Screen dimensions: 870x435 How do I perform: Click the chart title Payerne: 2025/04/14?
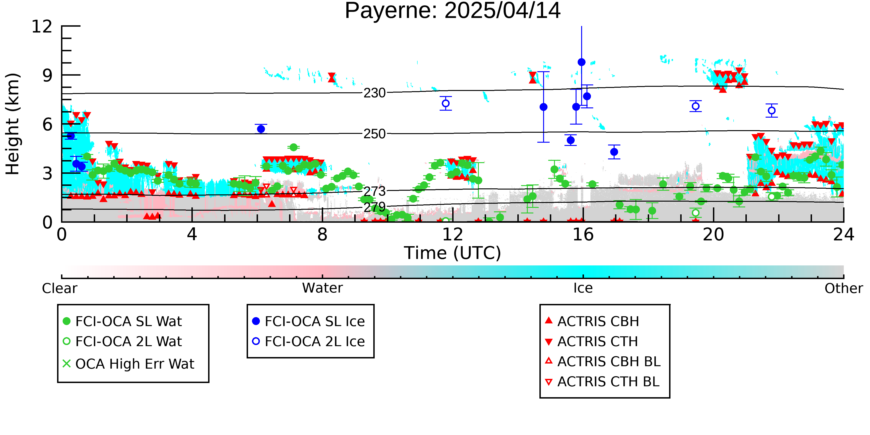click(453, 11)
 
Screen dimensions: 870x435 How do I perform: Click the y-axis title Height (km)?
click(13, 124)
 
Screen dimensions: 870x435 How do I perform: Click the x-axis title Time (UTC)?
click(453, 253)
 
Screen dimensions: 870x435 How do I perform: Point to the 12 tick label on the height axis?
click(42, 26)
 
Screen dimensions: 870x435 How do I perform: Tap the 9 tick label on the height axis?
click(48, 75)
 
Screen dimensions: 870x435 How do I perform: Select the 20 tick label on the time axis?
click(713, 234)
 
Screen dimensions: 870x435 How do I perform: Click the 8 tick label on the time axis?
click(322, 234)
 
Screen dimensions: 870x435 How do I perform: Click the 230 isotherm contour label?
click(374, 93)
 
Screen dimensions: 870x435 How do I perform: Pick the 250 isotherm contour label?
click(374, 134)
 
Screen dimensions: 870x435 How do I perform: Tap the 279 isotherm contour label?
click(374, 207)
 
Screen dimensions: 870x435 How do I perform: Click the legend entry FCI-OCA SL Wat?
click(122, 321)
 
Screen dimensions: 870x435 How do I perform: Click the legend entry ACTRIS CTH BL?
click(602, 382)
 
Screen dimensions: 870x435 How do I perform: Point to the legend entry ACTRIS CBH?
click(592, 321)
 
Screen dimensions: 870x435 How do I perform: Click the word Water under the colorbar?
click(322, 288)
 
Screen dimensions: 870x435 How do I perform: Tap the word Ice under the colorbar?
click(583, 288)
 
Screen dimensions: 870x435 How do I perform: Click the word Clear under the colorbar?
click(59, 288)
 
